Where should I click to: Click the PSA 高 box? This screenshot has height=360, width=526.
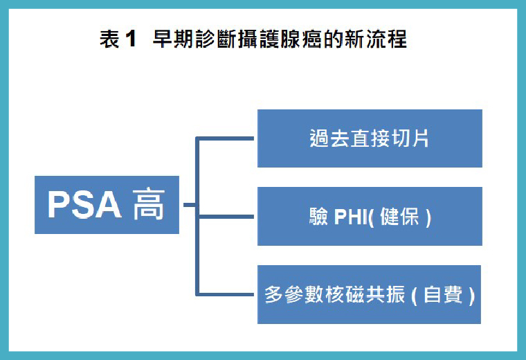point(107,205)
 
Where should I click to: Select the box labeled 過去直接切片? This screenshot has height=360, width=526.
point(370,138)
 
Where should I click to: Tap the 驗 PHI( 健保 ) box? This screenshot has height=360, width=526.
point(370,216)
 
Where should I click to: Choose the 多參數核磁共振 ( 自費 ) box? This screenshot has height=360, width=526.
point(370,294)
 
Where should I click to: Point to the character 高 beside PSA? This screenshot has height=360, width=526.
point(149,205)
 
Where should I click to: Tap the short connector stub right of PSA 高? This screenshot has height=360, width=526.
point(188,205)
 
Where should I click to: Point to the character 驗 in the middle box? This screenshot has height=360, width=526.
point(318,217)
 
